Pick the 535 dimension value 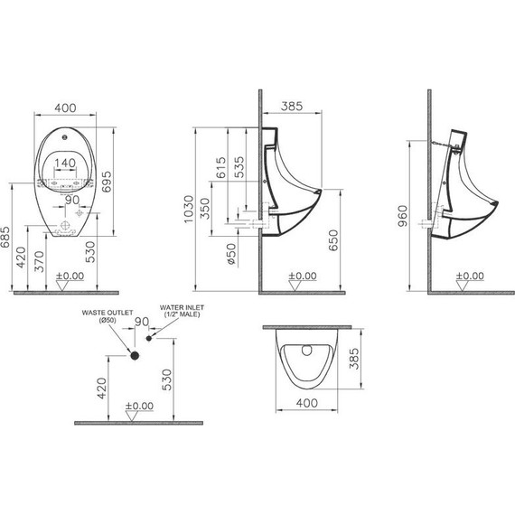tap(239, 168)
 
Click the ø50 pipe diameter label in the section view tap(231, 254)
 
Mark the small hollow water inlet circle tap(148, 339)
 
